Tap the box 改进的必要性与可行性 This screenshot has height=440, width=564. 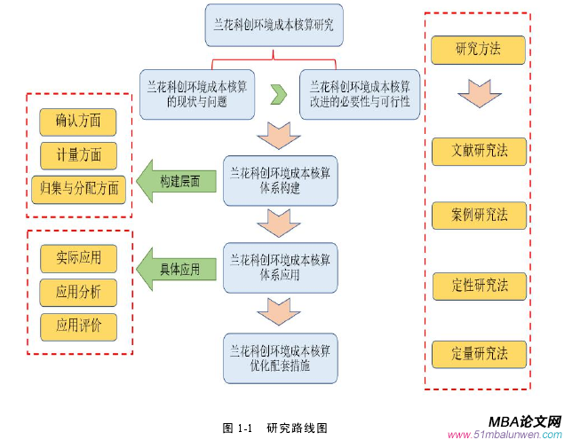359,94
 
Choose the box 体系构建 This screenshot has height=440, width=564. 281,180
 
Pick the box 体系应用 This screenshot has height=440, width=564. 281,267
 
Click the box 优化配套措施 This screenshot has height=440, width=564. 281,357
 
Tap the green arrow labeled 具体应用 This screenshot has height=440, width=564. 175,268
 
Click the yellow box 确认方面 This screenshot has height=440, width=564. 78,120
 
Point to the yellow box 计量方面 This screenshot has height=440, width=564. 78,153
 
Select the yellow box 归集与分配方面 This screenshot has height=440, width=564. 78,187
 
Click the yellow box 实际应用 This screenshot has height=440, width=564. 78,258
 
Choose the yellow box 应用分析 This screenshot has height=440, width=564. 78,292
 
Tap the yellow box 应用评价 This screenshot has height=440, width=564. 78,326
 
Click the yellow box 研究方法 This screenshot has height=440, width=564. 477,49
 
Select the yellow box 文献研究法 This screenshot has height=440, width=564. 477,151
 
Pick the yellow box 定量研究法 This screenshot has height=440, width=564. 477,353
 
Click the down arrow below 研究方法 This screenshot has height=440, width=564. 477,94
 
